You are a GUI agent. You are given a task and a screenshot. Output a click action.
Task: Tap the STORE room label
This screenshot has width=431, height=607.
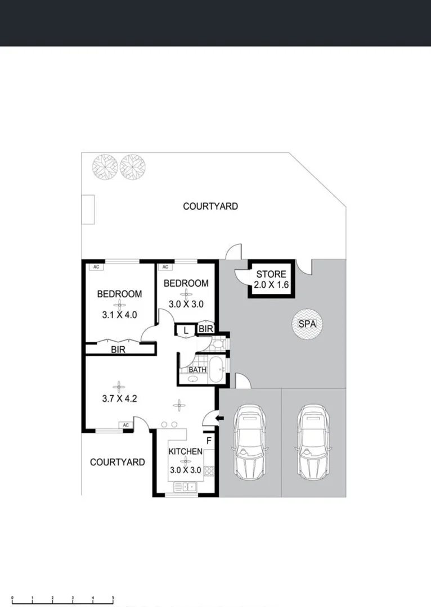click(271, 274)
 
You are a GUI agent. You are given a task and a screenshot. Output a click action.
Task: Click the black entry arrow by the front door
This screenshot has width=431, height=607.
click(220, 418)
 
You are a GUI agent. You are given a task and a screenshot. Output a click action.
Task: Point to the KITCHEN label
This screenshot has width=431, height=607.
click(186, 451)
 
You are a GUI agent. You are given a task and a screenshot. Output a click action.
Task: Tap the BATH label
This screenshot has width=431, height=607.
click(197, 370)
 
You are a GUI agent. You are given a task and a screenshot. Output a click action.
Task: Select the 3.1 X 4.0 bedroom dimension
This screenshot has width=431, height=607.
click(119, 315)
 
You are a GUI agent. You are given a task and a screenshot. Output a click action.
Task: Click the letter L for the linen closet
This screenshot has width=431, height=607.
click(186, 331)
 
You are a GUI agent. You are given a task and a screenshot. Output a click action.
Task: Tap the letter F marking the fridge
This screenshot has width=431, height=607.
click(209, 440)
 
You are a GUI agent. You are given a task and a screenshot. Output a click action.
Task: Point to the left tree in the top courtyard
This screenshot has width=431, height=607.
click(105, 166)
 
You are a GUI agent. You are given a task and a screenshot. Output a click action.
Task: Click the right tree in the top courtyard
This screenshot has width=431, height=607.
click(133, 166)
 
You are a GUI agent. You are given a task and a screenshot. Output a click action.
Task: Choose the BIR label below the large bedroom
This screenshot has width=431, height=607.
click(118, 350)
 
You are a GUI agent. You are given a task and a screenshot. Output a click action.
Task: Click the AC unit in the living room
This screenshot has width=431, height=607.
click(125, 425)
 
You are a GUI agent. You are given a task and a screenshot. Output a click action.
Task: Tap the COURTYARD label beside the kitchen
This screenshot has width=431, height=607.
click(118, 462)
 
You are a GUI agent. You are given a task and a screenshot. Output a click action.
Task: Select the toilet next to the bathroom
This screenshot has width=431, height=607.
click(218, 344)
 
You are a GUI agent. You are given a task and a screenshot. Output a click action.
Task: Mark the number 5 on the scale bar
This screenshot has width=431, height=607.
click(113, 597)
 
